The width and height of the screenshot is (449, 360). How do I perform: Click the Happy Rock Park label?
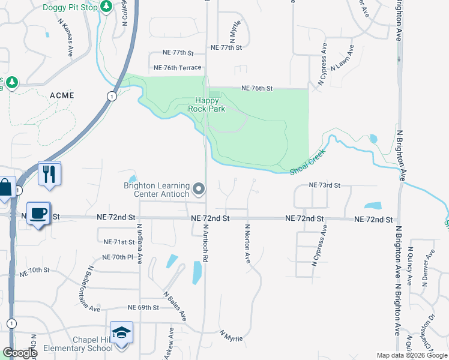point(209,105)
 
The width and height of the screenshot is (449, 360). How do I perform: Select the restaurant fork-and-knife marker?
point(49,174)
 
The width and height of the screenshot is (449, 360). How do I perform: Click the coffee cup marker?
point(39,214)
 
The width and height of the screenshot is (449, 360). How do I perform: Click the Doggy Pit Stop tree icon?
point(106,7)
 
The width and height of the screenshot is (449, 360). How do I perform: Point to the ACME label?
point(62,95)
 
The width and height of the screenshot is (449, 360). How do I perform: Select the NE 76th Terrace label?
point(177,68)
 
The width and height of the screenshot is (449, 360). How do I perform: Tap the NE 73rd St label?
point(324,185)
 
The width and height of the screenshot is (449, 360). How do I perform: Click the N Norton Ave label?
point(247,244)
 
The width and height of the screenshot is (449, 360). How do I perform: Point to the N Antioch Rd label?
point(205,244)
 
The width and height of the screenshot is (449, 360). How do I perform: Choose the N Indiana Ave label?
point(139,244)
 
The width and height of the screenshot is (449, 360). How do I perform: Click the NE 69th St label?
point(143,307)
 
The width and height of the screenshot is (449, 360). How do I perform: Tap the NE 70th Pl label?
point(117,257)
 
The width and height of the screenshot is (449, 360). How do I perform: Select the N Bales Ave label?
point(175,306)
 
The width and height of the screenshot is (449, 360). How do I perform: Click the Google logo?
point(20,353)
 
